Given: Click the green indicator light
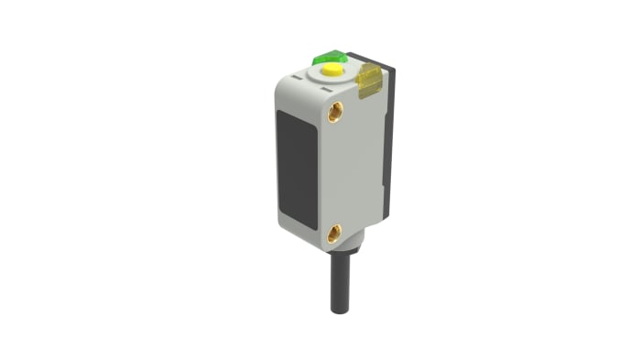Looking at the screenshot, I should click(x=327, y=58).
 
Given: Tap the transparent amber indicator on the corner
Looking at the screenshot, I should click(x=368, y=81).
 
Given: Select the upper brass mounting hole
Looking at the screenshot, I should click(x=335, y=112).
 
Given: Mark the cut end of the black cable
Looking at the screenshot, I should click(x=338, y=311).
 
